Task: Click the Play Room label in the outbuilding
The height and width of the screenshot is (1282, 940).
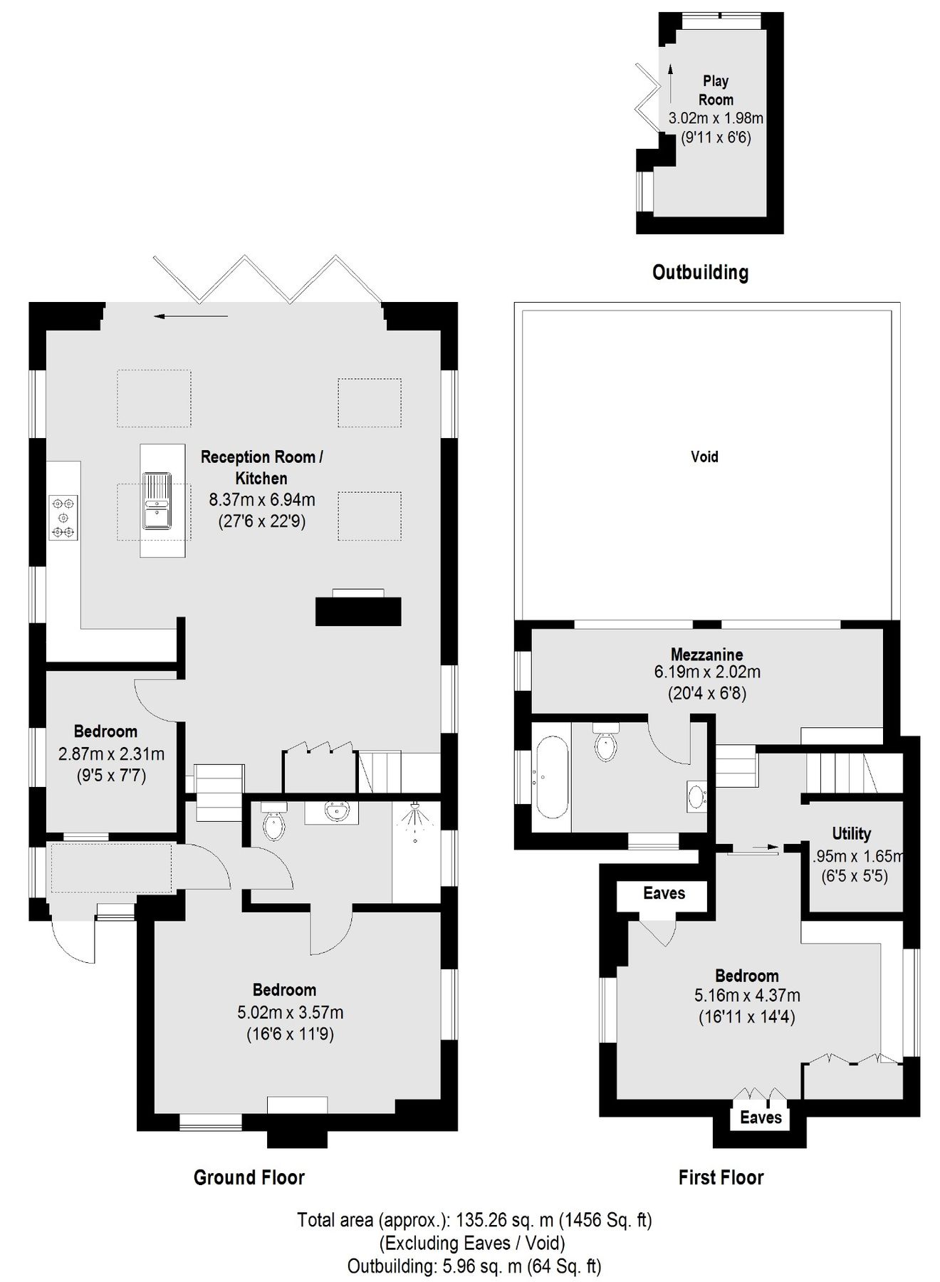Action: coord(715,90)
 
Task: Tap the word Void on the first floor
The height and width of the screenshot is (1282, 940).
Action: coord(704,457)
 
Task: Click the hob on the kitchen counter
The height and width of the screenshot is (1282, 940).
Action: coord(63,517)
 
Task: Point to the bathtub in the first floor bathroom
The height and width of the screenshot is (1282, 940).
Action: coord(551,778)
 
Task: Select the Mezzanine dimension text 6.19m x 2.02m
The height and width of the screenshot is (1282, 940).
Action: coord(706,672)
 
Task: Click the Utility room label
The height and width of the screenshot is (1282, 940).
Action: coord(851,833)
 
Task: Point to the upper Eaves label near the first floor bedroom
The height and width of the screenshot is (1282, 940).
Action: coord(664,893)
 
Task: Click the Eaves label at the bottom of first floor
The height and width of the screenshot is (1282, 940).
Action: coord(761,1117)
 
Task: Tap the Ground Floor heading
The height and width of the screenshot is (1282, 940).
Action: coord(249,1177)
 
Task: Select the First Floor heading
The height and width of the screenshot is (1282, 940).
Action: coord(721,1177)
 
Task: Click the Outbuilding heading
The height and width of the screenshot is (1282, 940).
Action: coord(700,272)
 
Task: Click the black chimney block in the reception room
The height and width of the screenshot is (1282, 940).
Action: coord(358,612)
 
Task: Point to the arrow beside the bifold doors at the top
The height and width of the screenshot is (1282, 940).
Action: coord(190,316)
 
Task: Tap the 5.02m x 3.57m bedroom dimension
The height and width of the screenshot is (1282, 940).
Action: coord(290,1012)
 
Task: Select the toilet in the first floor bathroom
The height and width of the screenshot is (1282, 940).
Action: coord(606,744)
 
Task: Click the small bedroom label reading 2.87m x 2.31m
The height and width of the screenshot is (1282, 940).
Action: coord(111,754)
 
